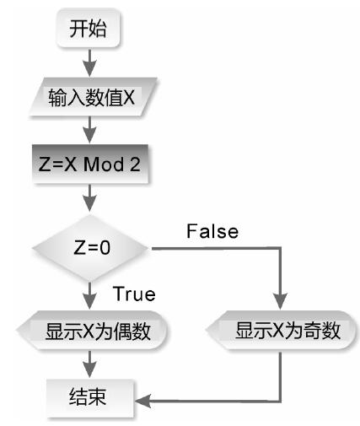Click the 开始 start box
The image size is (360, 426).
[x=89, y=28]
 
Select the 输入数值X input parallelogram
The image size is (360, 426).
[x=93, y=97]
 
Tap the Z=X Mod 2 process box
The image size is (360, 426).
[x=90, y=164]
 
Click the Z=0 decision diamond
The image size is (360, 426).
[x=90, y=248]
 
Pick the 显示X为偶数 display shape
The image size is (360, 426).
[x=92, y=330]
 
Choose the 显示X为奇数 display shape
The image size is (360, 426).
[x=282, y=330]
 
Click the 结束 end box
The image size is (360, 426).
[x=89, y=397]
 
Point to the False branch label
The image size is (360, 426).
[x=212, y=231]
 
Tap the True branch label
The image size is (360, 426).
[x=134, y=294]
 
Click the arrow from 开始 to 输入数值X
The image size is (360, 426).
[x=89, y=62]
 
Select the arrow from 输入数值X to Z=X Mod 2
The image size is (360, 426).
[x=89, y=129]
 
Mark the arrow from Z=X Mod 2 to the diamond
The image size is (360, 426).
[x=89, y=197]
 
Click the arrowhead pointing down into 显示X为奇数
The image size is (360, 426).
[x=280, y=301]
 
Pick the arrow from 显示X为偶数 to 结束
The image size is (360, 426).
[x=89, y=364]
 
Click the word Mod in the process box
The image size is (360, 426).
[x=104, y=164]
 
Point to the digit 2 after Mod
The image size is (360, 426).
[x=135, y=164]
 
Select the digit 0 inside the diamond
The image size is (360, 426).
[x=105, y=248]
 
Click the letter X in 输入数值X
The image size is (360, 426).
[x=129, y=97]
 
